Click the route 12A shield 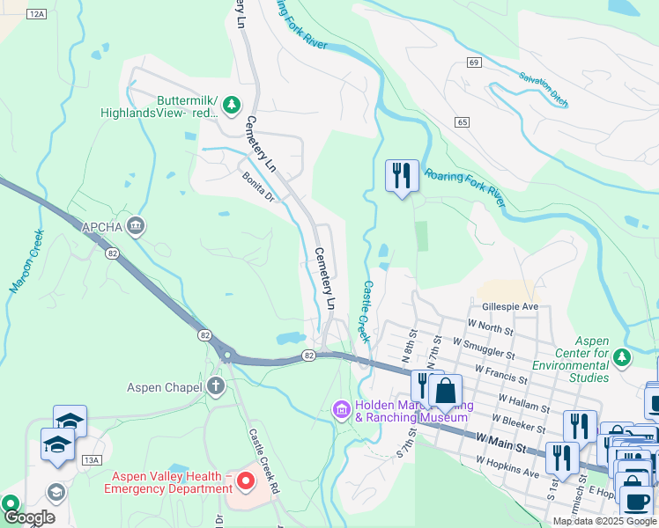tap(36, 15)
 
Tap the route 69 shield tap(474, 62)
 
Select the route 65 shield tap(463, 121)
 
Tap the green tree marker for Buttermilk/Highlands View tap(232, 106)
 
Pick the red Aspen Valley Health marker tap(246, 480)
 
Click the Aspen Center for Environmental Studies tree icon tap(623, 356)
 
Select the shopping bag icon tap(446, 390)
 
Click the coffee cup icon tap(636, 501)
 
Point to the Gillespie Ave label tap(510, 306)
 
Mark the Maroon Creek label tap(26, 261)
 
